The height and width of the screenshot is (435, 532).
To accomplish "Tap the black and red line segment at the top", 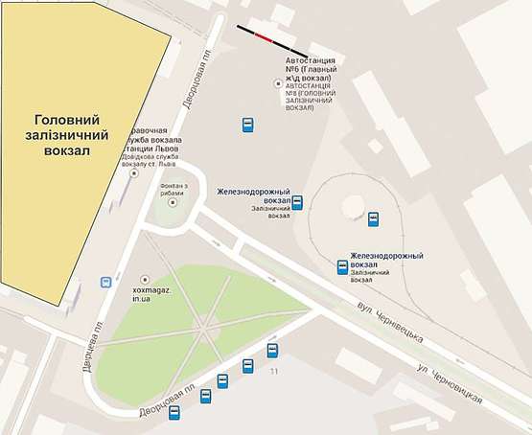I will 273,39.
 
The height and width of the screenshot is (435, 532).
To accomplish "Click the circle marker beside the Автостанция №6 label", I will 279,84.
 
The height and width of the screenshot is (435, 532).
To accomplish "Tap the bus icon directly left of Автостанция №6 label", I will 247,125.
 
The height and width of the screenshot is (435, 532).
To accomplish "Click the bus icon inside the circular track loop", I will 374,219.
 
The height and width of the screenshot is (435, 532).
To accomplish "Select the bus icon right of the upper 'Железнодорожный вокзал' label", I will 297,202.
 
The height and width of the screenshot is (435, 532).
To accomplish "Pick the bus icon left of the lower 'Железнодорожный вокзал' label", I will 341,267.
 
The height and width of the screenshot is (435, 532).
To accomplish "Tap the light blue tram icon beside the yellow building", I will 104,283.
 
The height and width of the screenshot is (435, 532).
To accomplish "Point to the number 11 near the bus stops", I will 273,371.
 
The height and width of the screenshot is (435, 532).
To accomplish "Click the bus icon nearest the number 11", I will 272,350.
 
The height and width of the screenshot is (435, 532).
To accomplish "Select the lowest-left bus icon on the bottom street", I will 174,413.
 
